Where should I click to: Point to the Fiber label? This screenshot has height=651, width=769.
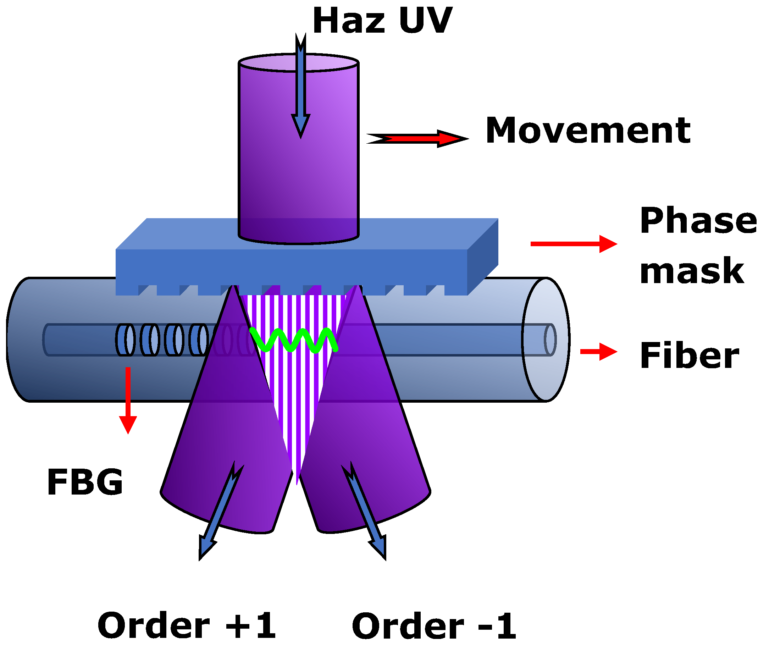[x=689, y=356]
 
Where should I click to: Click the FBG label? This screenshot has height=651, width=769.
[x=85, y=482]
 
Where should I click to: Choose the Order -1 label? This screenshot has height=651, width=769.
[x=433, y=626]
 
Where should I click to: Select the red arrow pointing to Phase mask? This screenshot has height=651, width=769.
[x=574, y=244]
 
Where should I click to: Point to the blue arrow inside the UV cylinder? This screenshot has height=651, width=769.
[x=301, y=89]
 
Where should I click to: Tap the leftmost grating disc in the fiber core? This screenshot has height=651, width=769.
[x=125, y=340]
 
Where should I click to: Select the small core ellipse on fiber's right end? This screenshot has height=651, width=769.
[x=550, y=340]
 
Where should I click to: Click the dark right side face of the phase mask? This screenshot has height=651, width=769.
[x=482, y=256]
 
